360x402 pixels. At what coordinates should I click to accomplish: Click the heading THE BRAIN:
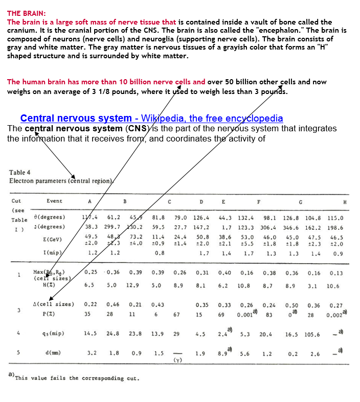click(x=27, y=13)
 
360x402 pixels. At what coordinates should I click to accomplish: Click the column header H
click(x=345, y=201)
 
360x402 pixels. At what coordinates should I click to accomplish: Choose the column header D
click(x=201, y=201)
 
